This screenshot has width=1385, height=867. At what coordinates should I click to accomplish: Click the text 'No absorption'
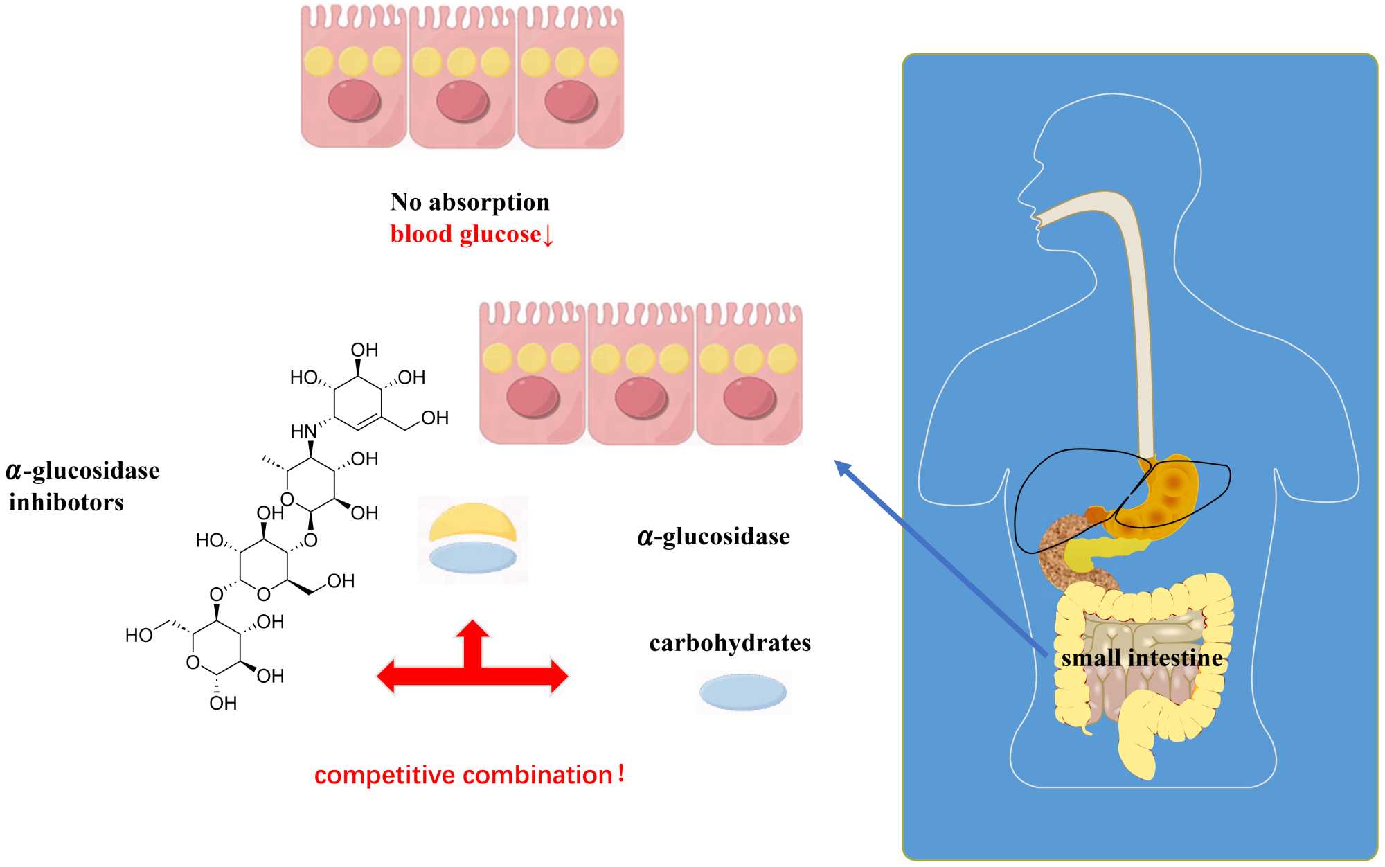click(470, 202)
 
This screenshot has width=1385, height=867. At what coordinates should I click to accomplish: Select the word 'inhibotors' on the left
click(66, 502)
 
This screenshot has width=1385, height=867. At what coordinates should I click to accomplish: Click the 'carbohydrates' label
click(730, 643)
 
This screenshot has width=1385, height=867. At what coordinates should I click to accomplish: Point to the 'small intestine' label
click(1142, 658)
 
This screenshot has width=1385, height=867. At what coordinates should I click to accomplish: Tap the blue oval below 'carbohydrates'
click(743, 692)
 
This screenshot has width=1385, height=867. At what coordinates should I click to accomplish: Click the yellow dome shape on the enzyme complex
click(473, 523)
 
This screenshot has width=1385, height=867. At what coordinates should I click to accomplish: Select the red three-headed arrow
click(472, 665)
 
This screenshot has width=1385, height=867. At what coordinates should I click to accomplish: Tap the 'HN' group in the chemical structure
click(303, 431)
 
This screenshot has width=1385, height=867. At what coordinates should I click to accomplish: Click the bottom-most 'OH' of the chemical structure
click(223, 704)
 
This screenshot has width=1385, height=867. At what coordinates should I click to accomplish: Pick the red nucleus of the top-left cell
click(354, 100)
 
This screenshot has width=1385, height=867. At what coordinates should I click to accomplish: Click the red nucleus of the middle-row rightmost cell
click(749, 398)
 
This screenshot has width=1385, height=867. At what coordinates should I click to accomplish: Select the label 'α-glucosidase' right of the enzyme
click(713, 537)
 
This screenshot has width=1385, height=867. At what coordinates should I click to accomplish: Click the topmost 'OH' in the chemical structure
click(364, 350)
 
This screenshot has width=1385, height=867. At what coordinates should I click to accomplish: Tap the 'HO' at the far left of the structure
click(138, 635)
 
